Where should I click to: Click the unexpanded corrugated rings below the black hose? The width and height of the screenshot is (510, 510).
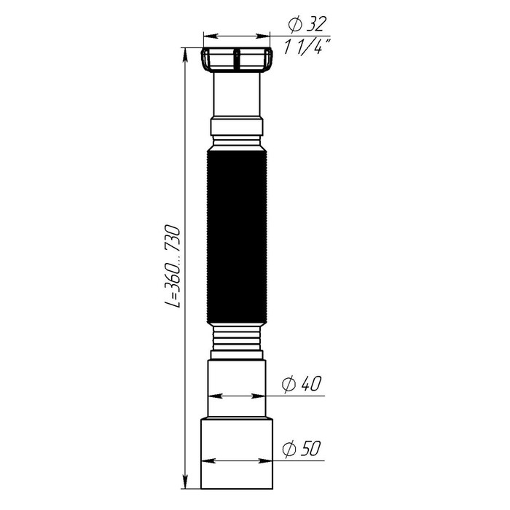click(x=237, y=341)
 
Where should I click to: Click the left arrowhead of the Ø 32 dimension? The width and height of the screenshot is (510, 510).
click(x=207, y=34)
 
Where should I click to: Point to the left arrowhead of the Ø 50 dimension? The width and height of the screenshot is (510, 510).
click(x=206, y=460)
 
